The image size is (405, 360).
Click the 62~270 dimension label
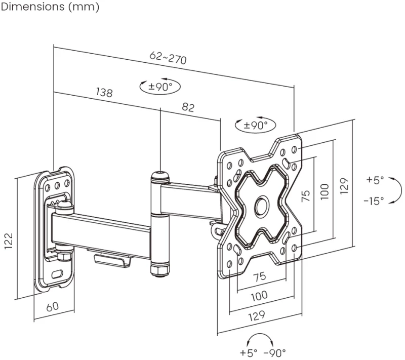(x=168, y=58)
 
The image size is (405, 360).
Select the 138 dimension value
(x=104, y=92)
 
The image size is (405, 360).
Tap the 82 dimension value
(x=188, y=107)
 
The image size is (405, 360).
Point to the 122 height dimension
(x=9, y=241)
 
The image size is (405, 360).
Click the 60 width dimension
(x=53, y=306)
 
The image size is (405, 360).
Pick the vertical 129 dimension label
(x=344, y=186)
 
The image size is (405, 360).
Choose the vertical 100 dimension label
(x=325, y=191)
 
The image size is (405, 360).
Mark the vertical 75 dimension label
(x=305, y=196)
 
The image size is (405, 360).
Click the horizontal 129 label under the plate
(x=257, y=315)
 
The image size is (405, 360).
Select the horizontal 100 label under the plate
(x=259, y=296)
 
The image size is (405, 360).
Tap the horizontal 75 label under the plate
(x=259, y=276)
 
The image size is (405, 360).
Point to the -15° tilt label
(x=374, y=201)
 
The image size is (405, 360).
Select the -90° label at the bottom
(x=275, y=352)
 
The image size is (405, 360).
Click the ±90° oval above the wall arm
(x=160, y=87)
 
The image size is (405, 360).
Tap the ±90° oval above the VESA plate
(x=256, y=125)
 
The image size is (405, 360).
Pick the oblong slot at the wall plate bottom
(x=57, y=274)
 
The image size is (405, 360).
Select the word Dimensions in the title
(x=33, y=7)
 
